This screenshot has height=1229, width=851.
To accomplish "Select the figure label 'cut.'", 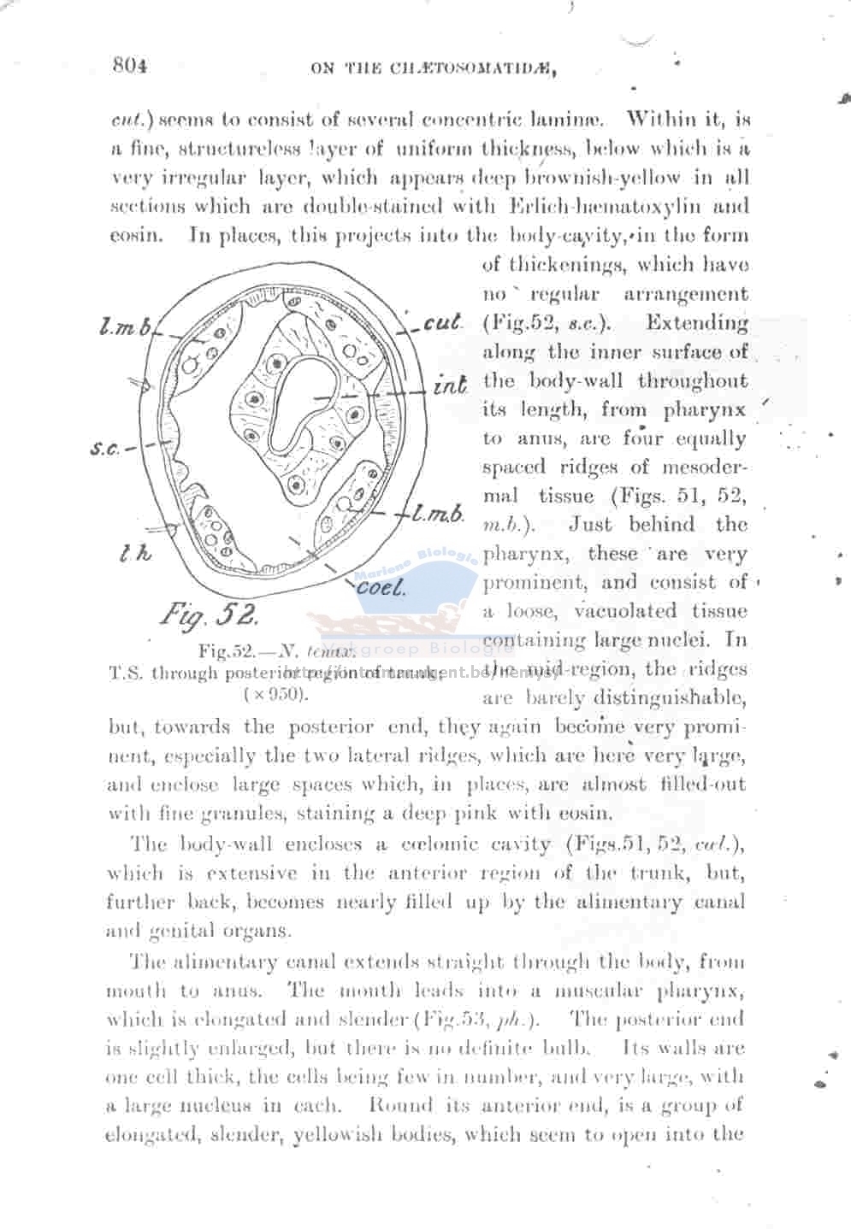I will (443, 324).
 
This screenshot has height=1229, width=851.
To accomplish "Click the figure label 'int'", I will (450, 385).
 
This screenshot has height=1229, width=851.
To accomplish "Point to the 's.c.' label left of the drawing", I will (106, 448).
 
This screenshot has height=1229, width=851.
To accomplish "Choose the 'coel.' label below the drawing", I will (381, 587).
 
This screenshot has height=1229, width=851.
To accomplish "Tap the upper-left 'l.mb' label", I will (125, 326).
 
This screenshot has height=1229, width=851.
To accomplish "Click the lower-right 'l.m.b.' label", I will (439, 514).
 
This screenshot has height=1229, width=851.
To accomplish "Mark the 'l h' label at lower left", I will (136, 553).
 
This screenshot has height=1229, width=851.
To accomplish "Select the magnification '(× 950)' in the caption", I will (275, 693).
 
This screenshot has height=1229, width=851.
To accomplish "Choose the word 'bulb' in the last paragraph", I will (587, 1048).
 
